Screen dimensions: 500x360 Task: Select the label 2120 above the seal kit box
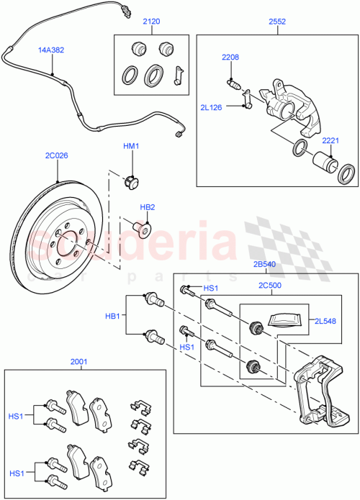coord(151,22)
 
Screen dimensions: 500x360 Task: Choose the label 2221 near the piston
coord(330,141)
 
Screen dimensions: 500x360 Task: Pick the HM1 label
coord(130,147)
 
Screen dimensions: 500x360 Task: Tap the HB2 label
coord(147,207)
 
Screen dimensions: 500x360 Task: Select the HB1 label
coord(113,315)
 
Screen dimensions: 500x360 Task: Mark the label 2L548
coord(324,322)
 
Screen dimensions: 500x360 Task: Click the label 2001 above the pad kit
coord(80,363)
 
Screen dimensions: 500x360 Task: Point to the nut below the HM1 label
coord(131,180)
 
